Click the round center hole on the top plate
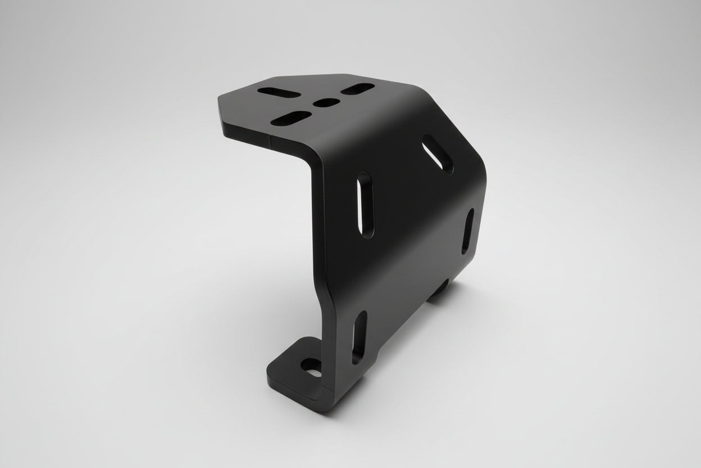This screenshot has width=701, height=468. pos(326,102)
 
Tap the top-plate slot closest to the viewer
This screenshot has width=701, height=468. pos(290,118)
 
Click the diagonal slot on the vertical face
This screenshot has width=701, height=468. pos(438,152)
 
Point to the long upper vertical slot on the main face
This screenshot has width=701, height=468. pos(366,205)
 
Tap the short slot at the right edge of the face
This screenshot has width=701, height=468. pos(467,231)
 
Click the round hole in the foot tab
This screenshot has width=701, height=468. pos(311,368)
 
